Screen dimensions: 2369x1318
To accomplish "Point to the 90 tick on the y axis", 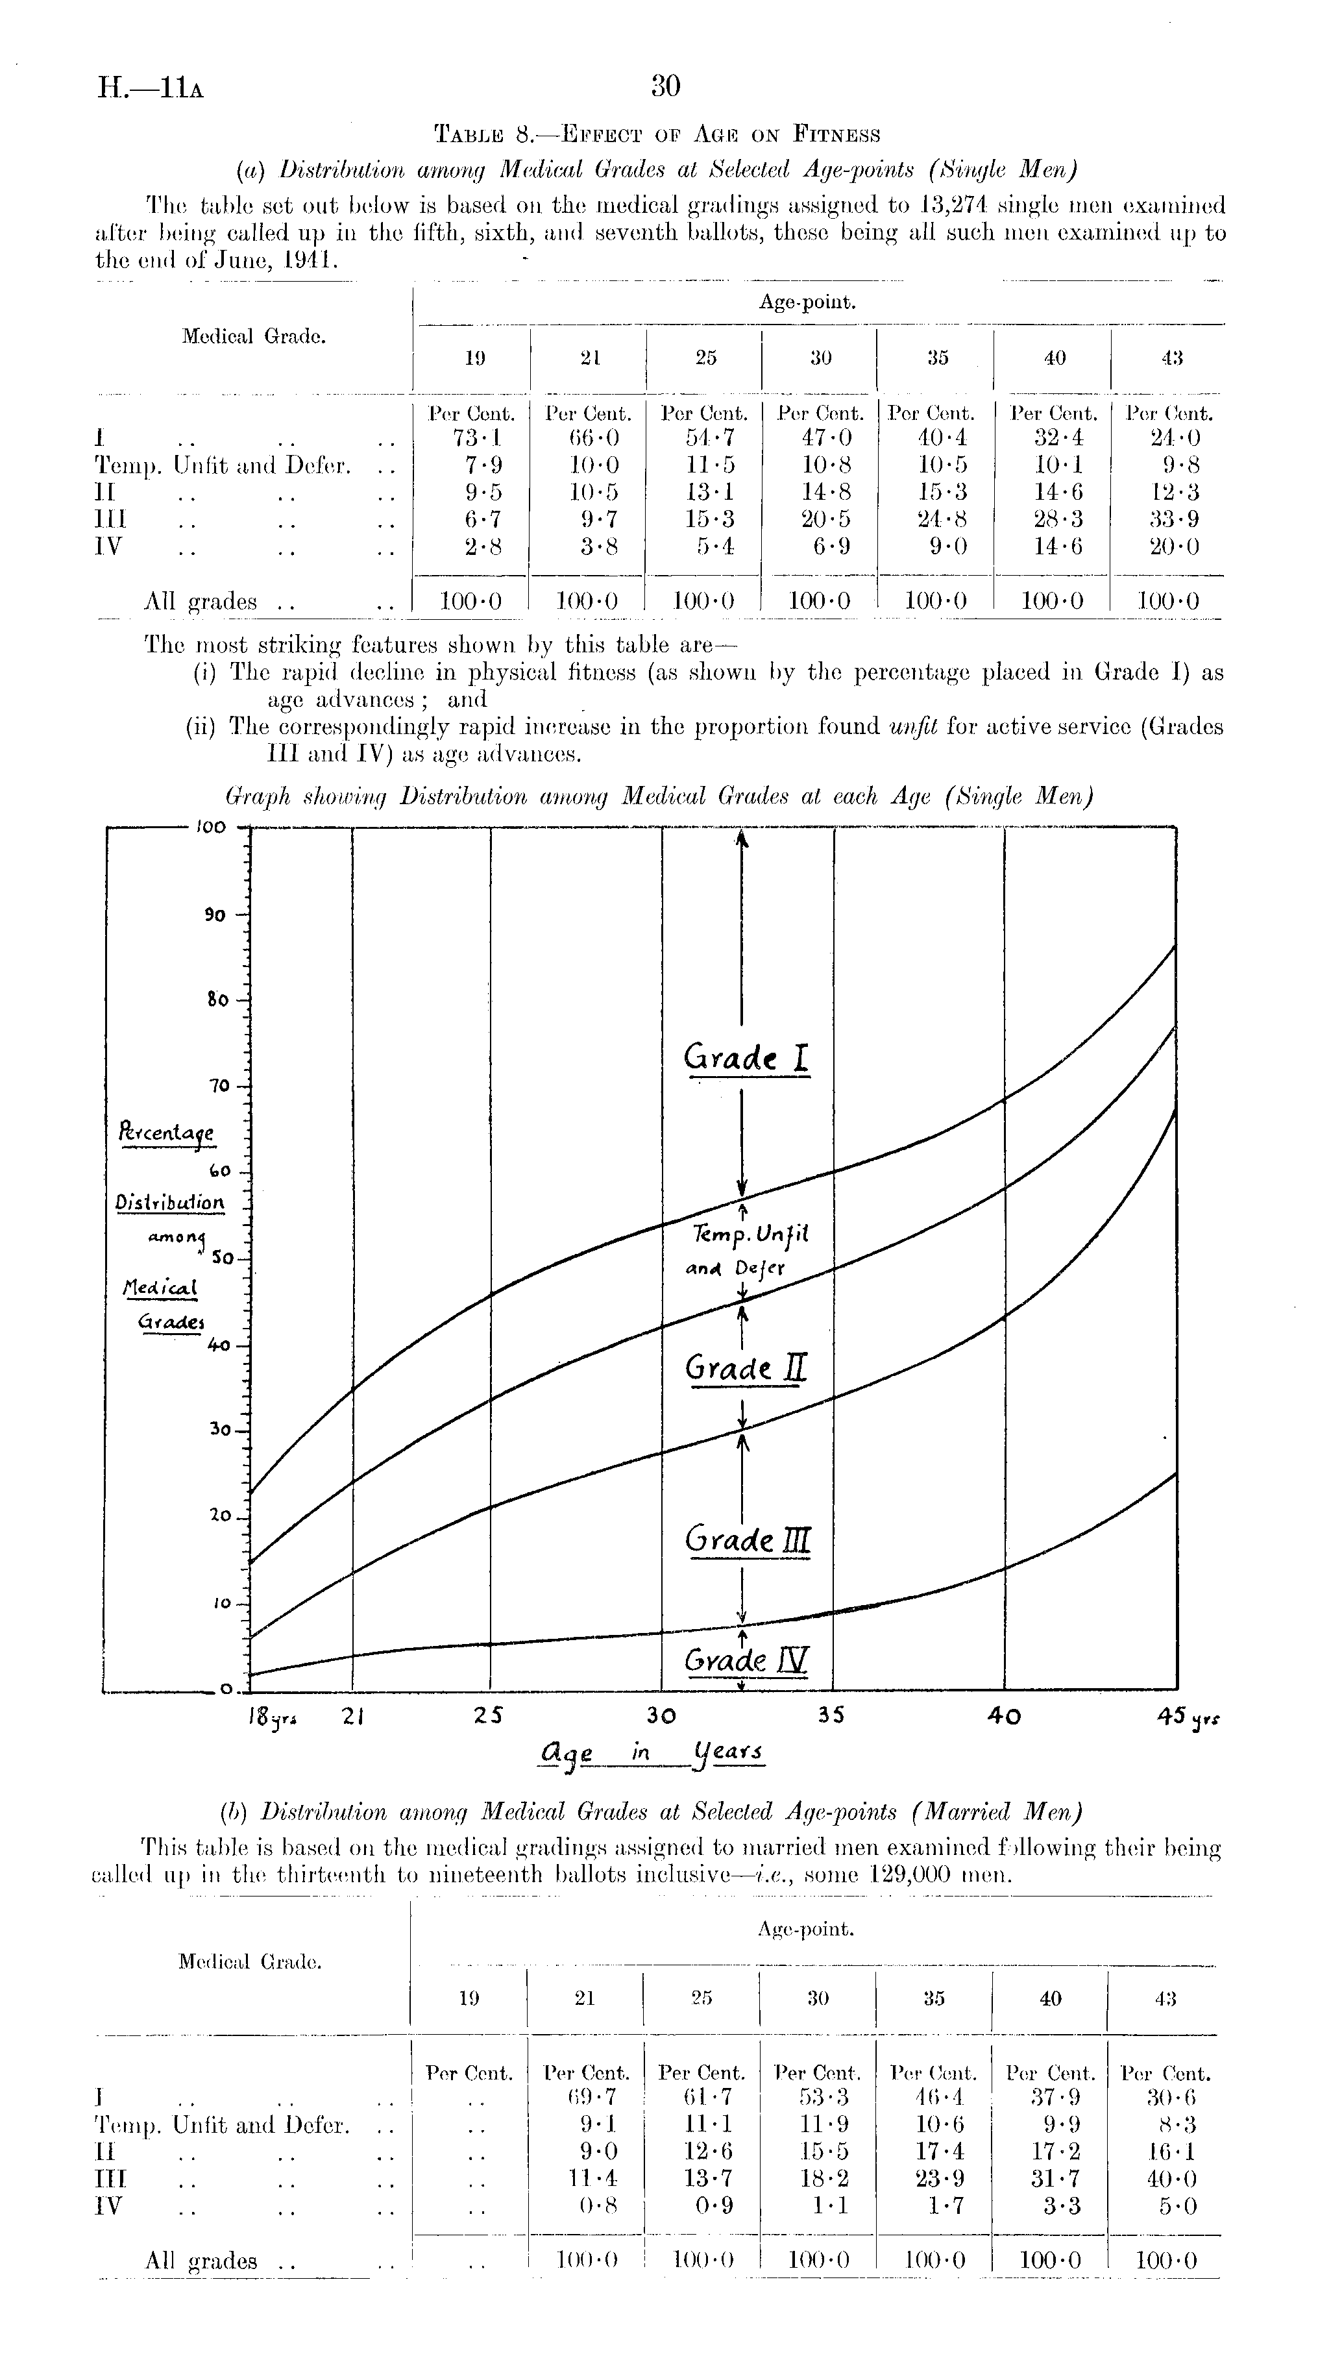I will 214,915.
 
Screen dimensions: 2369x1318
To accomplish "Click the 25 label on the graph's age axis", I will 489,1715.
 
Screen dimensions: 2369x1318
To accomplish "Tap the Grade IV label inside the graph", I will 746,1660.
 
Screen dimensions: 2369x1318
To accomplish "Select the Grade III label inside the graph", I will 746,1540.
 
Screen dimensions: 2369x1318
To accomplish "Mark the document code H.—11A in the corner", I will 150,89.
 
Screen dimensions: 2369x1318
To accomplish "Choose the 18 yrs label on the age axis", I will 266,1716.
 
